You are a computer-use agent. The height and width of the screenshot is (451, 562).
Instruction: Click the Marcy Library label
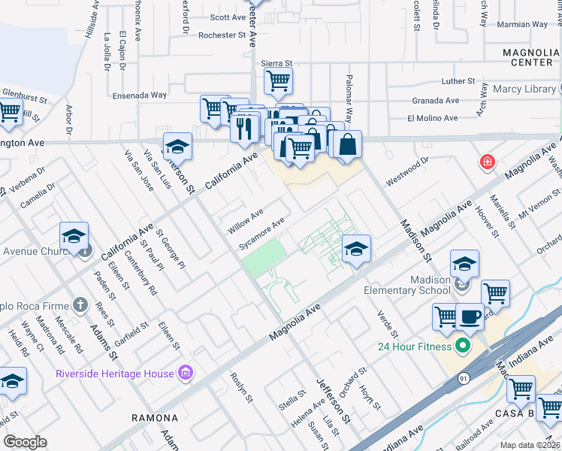coord(524,89)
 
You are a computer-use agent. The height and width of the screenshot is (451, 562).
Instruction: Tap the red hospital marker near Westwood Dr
coord(488,162)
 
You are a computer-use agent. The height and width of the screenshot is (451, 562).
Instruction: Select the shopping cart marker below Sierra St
coord(279,81)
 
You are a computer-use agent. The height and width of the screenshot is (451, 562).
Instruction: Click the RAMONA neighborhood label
coord(155,418)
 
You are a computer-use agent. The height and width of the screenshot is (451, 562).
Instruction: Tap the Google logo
coord(25,442)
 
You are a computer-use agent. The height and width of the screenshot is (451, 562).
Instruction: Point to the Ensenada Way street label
coord(139,95)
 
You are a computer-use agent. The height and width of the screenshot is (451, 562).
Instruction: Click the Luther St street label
coord(459,81)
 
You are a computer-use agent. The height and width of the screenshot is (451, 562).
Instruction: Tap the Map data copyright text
coord(529,445)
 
